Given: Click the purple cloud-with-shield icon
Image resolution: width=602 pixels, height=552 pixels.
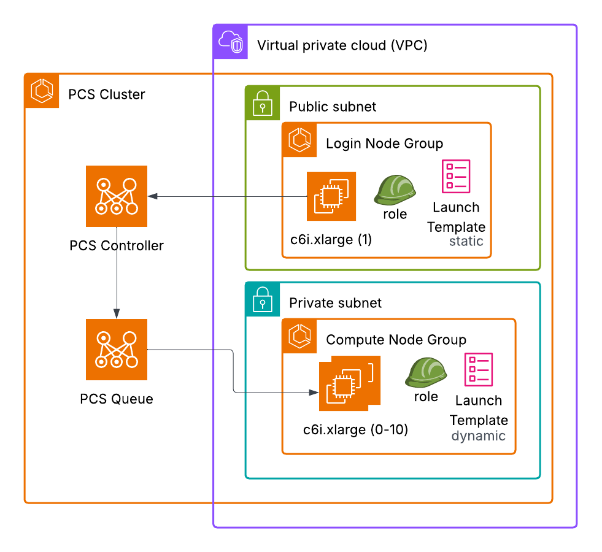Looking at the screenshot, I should point(231,42).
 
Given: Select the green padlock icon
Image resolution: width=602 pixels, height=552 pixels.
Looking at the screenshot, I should point(263,103).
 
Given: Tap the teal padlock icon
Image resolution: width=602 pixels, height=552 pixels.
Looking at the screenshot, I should point(263,299).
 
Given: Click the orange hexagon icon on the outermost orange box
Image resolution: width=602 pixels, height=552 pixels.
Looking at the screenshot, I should point(42,91).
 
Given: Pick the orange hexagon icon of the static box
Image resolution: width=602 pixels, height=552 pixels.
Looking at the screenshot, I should point(299,140).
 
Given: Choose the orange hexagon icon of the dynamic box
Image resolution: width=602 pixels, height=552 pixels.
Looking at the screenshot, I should point(299,336).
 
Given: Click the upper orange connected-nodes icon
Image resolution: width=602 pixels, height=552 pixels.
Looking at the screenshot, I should point(117,196).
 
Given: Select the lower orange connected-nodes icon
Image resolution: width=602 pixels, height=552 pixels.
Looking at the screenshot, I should point(117,350).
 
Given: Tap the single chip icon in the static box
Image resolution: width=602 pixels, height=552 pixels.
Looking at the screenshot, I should point(331,196).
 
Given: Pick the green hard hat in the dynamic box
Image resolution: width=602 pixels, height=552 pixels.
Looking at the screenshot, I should point(426,372).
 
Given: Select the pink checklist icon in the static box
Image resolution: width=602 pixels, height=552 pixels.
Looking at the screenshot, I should point(456,177).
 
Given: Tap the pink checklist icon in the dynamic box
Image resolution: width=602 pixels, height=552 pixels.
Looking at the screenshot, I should point(478,370).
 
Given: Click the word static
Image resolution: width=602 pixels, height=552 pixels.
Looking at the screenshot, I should point(466,241).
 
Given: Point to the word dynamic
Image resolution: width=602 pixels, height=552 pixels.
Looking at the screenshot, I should point(478,436).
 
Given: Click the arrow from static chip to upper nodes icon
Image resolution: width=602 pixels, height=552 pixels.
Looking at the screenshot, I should point(227,196).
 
